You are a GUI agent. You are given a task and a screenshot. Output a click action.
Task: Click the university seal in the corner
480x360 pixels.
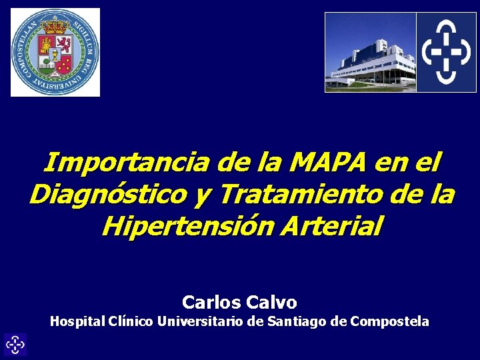tap(55, 52)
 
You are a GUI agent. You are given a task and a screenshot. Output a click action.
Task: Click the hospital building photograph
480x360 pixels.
tap(370, 52)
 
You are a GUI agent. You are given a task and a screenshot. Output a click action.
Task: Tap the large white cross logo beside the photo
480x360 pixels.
tap(446, 52)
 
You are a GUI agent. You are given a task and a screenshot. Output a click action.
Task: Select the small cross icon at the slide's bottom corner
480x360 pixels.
tap(15, 345)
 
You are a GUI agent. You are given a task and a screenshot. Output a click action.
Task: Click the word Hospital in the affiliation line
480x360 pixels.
tap(76, 321)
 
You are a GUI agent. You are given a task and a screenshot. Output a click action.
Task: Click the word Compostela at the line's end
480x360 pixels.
tap(390, 321)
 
